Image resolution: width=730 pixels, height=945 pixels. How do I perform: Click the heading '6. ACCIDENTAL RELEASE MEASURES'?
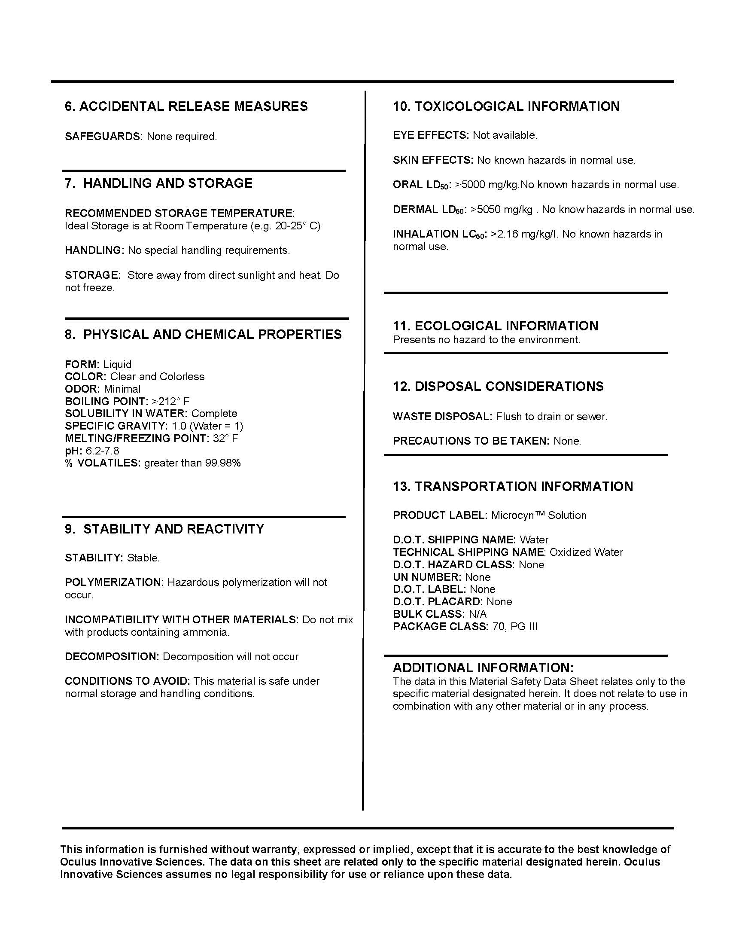pyautogui.click(x=186, y=107)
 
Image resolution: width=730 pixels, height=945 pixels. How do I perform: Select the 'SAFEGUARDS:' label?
pyautogui.click(x=103, y=137)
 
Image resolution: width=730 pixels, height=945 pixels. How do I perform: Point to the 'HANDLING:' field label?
pyautogui.click(x=94, y=250)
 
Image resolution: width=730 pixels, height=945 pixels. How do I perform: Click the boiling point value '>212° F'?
pyautogui.click(x=171, y=401)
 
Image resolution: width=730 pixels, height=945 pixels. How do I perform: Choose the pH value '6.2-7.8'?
pyautogui.click(x=103, y=451)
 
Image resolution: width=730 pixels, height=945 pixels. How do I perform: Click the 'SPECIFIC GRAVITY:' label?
pyautogui.click(x=116, y=426)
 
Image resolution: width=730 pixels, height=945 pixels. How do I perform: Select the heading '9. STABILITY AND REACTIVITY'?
pyautogui.click(x=164, y=529)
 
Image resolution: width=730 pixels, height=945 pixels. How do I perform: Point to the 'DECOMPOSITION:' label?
pyautogui.click(x=112, y=656)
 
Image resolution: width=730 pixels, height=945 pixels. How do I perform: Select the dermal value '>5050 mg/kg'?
pyautogui.click(x=501, y=210)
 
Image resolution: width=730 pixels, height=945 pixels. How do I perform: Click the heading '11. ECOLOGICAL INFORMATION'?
pyautogui.click(x=495, y=326)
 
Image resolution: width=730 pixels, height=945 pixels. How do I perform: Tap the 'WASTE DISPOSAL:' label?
pyautogui.click(x=442, y=417)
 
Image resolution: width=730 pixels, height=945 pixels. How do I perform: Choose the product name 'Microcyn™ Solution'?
pyautogui.click(x=539, y=515)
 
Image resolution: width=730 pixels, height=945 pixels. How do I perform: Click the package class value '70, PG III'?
pyautogui.click(x=514, y=627)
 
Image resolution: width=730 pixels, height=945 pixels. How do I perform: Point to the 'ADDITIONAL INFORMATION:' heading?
pyautogui.click(x=483, y=668)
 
